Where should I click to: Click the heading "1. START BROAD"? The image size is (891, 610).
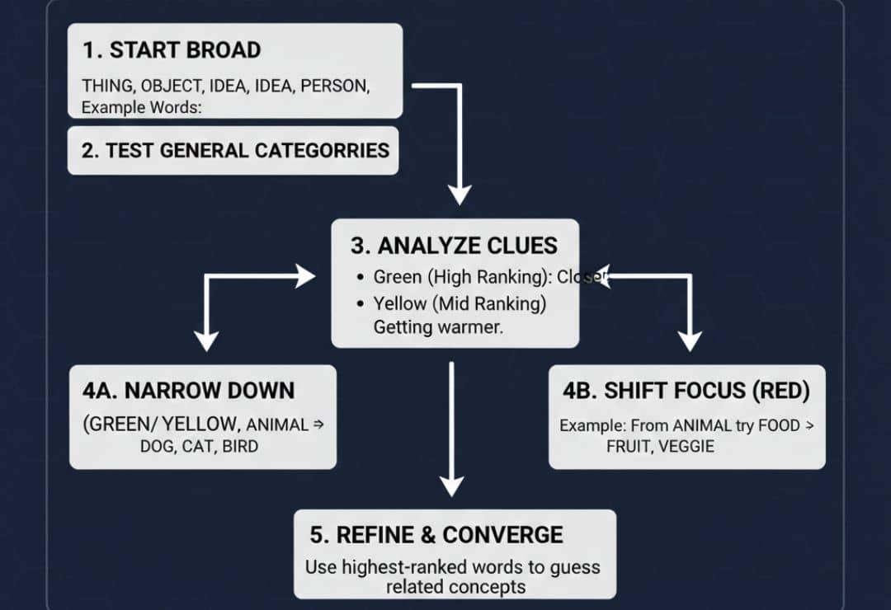pyautogui.click(x=171, y=49)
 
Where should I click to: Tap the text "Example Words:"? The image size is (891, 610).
pyautogui.click(x=141, y=107)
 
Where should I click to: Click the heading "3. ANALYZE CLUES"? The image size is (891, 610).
pyautogui.click(x=455, y=246)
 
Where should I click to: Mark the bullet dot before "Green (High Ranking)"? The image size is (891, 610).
pyautogui.click(x=360, y=278)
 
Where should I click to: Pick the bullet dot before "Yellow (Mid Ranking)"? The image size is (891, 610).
pyautogui.click(x=360, y=304)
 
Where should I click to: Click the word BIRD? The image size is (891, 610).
pyautogui.click(x=240, y=446)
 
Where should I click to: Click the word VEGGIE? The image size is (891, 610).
pyautogui.click(x=686, y=446)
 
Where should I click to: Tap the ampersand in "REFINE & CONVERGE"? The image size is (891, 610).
pyautogui.click(x=427, y=535)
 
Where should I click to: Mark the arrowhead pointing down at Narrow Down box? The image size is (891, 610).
pyautogui.click(x=205, y=341)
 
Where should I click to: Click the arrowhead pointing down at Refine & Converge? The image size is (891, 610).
pyautogui.click(x=451, y=486)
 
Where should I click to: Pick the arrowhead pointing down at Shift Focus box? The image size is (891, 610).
pyautogui.click(x=689, y=341)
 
